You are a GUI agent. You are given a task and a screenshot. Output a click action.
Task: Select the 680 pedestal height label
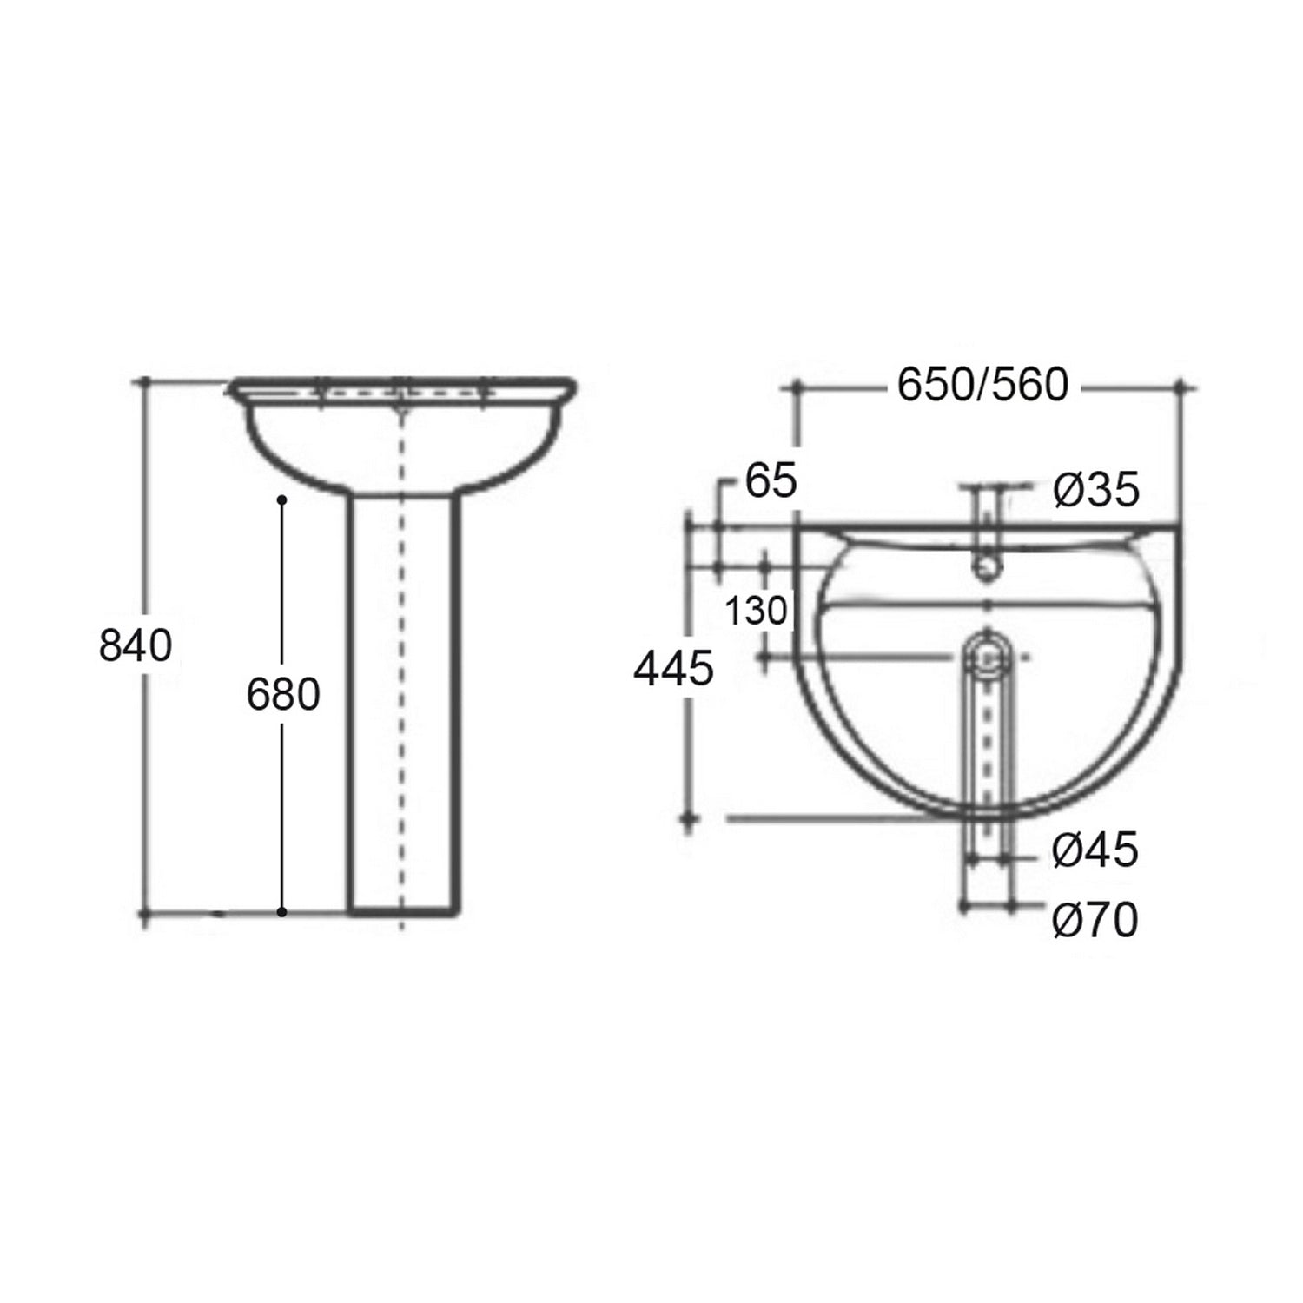pos(283,696)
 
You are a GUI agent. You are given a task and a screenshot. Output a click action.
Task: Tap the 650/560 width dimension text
pos(982,385)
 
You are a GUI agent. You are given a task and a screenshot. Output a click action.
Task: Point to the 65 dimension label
pos(771,482)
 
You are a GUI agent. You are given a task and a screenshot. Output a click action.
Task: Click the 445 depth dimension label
pos(674,670)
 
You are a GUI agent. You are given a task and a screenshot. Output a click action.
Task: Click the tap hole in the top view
pos(988,571)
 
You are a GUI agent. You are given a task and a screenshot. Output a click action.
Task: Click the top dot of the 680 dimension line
pos(281,499)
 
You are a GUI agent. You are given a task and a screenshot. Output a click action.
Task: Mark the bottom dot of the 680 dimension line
pos(281,912)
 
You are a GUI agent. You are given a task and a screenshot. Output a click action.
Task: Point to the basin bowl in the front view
pos(330,443)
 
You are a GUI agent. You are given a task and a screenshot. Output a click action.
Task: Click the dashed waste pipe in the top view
pos(988,747)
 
